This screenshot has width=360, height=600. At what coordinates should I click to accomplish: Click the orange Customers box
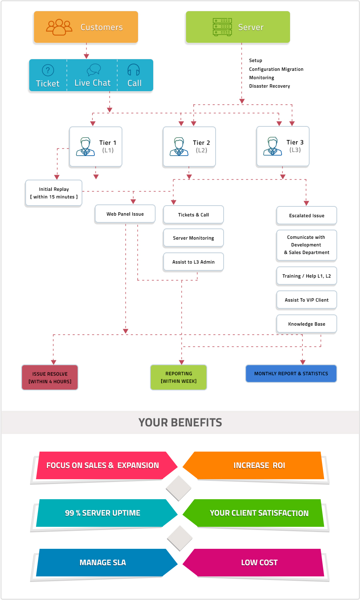[86, 27]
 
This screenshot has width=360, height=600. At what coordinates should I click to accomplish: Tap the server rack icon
[222, 27]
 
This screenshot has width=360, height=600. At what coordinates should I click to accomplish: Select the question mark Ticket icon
[48, 70]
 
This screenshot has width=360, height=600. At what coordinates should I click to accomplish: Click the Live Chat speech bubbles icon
[93, 70]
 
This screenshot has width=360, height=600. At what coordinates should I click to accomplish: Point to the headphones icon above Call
[134, 70]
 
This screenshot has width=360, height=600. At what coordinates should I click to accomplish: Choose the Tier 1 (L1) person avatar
[85, 146]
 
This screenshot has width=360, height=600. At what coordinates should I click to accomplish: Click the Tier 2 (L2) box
[189, 146]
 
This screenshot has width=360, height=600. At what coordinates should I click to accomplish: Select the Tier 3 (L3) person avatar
[272, 146]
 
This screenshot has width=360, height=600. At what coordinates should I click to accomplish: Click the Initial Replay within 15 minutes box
[54, 193]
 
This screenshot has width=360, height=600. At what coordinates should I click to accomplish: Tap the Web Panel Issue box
[125, 214]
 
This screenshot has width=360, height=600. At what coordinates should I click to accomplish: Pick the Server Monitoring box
[193, 238]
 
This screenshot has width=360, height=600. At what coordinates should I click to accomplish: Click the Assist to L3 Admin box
[193, 262]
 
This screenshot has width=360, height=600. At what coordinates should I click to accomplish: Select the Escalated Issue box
[306, 216]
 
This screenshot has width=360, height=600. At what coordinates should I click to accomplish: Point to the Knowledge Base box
[306, 324]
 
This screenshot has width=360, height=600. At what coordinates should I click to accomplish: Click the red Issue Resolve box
[50, 377]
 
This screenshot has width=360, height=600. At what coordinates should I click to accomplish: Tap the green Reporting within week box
[178, 377]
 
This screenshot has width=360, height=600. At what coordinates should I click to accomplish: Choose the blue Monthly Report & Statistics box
[291, 374]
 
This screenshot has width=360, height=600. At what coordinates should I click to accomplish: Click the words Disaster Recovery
[269, 86]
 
